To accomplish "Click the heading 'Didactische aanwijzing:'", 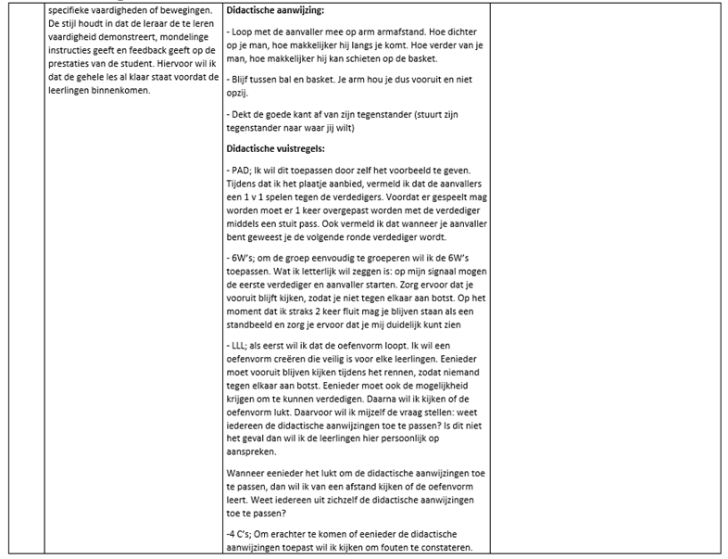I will (x=275, y=9).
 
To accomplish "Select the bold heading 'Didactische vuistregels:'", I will (x=274, y=148).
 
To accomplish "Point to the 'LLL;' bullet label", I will (x=238, y=343).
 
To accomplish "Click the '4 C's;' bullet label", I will (x=244, y=533).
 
